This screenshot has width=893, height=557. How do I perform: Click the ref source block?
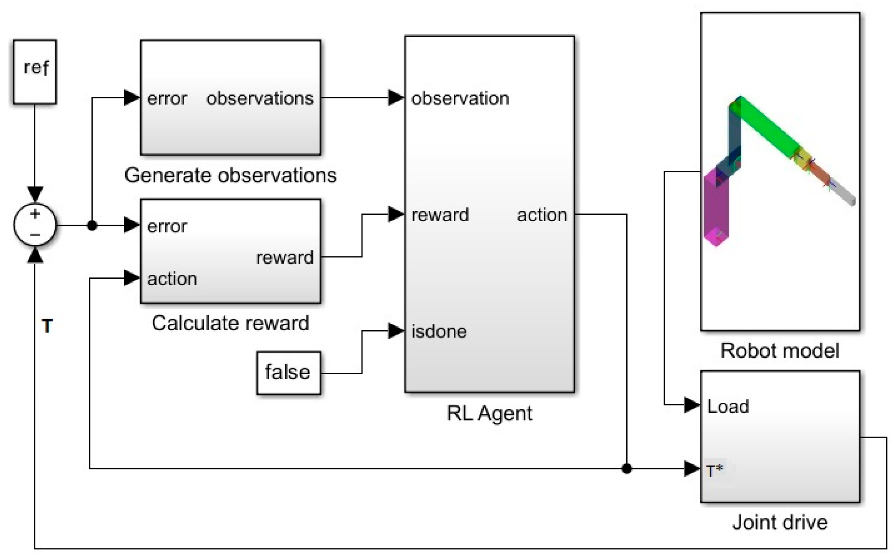click(x=35, y=72)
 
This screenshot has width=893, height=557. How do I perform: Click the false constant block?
click(x=288, y=372)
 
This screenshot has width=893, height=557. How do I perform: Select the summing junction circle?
click(x=35, y=225)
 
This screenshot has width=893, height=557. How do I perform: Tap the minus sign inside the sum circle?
click(x=35, y=235)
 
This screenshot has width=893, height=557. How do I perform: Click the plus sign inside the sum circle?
click(x=35, y=213)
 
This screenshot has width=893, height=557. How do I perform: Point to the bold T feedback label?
click(x=47, y=326)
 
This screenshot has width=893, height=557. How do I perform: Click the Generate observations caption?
click(x=230, y=175)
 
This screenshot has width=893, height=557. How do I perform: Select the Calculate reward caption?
click(x=230, y=323)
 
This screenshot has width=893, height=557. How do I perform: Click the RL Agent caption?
click(x=489, y=413)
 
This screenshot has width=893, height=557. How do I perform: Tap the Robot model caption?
click(x=779, y=350)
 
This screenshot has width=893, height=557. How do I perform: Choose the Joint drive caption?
click(x=779, y=522)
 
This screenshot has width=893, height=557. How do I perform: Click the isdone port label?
click(x=439, y=332)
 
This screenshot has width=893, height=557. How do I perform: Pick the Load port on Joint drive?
click(x=728, y=406)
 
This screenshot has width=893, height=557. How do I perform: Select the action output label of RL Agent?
click(x=542, y=215)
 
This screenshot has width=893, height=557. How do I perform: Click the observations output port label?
click(x=260, y=98)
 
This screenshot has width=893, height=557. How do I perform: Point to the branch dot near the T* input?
click(x=627, y=469)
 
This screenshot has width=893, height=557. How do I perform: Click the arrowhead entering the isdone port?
click(x=395, y=331)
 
